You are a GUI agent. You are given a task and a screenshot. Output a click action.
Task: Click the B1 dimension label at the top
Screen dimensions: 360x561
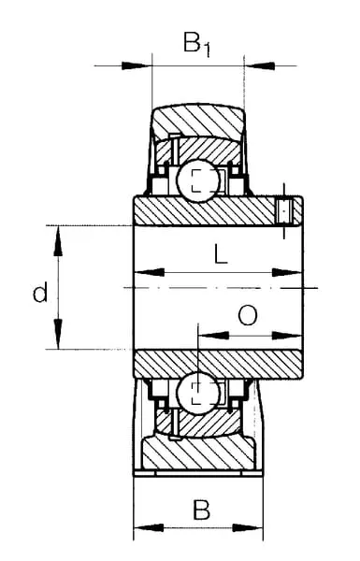[196, 44]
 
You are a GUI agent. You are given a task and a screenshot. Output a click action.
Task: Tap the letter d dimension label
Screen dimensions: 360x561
[39, 292]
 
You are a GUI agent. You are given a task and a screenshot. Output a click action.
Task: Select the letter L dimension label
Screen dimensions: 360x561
[221, 253]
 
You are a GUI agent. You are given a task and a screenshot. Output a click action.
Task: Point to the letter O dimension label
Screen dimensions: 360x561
[248, 315]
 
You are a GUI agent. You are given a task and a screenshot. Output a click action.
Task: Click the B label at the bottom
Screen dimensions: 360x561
[201, 510]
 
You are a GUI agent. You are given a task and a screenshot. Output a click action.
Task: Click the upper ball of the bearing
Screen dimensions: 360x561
[198, 180]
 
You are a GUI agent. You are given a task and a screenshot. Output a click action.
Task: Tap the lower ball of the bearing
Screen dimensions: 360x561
[198, 394]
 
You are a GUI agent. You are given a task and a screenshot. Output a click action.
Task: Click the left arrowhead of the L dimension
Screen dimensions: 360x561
[150, 273]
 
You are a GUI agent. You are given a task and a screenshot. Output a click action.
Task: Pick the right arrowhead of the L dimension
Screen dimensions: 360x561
[287, 273]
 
